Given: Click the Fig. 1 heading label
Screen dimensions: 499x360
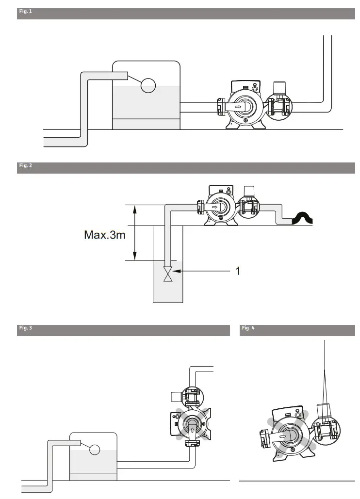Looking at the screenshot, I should (25, 11).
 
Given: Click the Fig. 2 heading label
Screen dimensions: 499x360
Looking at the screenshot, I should (25, 166).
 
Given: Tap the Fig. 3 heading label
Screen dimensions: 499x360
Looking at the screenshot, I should (25, 328).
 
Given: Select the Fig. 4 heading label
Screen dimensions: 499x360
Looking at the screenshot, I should (248, 328).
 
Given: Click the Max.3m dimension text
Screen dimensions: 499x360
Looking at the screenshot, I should (105, 236).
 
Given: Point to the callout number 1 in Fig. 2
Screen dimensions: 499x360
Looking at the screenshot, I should (238, 271).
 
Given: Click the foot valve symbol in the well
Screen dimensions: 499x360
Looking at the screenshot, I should (168, 274).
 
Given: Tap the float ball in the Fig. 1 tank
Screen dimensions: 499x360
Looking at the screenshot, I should (148, 85).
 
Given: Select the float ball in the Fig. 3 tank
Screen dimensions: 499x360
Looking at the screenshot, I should (94, 449).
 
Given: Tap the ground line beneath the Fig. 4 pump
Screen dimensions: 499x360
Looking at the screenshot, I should (297, 481).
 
